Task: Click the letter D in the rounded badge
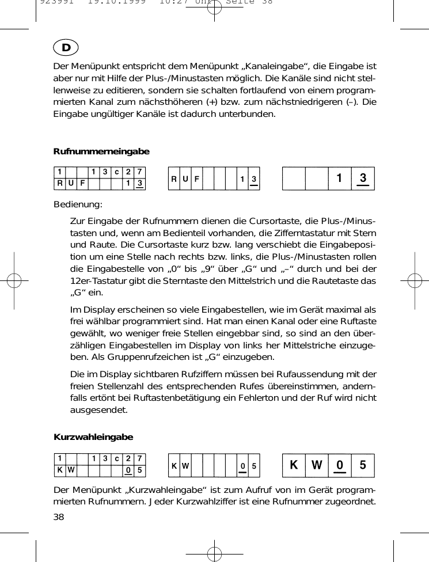point(66,47)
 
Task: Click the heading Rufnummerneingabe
point(101,151)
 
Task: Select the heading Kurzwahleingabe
point(93,437)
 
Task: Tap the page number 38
point(59,517)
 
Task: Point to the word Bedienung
point(78,204)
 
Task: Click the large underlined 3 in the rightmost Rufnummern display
point(362,179)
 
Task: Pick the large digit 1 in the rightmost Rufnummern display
point(340,179)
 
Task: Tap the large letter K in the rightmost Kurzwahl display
point(294,465)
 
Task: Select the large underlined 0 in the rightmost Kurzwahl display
point(340,465)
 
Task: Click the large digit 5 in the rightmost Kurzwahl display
point(362,465)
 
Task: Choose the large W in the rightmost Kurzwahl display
point(317,465)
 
